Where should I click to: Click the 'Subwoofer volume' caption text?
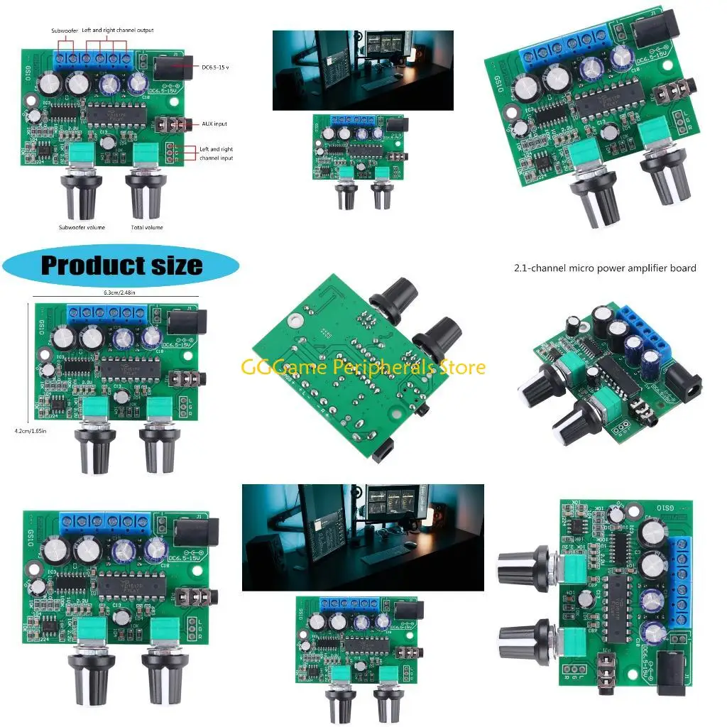click(x=82, y=227)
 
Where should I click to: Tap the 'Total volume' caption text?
click(x=146, y=227)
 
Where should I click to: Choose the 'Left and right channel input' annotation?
click(x=217, y=153)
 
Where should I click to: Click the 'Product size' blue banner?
click(x=121, y=266)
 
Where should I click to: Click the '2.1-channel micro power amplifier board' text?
click(x=605, y=268)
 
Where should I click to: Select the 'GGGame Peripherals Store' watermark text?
click(x=363, y=367)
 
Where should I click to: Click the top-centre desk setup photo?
click(x=363, y=70)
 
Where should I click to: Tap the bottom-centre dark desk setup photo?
click(x=363, y=537)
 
